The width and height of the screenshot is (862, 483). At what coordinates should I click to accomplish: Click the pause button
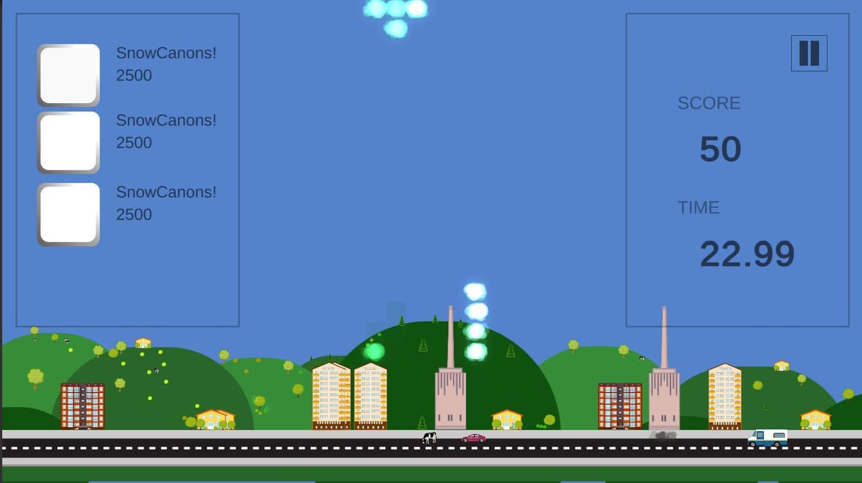(x=809, y=53)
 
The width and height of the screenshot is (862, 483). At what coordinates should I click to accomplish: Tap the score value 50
(x=721, y=149)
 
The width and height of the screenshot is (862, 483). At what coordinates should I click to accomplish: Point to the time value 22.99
(x=747, y=254)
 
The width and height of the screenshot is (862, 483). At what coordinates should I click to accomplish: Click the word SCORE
(x=709, y=103)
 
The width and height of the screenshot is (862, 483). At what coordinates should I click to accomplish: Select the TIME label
(x=698, y=208)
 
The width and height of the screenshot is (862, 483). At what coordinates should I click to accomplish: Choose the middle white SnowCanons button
(x=69, y=142)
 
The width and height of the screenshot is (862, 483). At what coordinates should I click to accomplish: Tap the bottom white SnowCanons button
(x=69, y=214)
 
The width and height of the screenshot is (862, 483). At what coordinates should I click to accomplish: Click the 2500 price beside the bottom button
(x=134, y=214)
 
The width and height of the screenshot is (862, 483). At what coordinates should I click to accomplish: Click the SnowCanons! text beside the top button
(x=166, y=53)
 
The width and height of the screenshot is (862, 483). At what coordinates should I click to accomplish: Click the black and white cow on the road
(x=429, y=438)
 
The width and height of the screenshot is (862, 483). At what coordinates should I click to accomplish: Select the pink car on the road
(x=473, y=438)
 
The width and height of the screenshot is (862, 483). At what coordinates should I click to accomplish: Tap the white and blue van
(x=767, y=438)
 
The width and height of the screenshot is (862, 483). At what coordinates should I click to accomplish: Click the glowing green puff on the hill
(x=374, y=352)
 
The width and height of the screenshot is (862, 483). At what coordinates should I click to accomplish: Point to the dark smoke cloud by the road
(x=663, y=435)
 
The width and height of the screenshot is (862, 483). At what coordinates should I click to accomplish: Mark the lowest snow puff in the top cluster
(x=396, y=28)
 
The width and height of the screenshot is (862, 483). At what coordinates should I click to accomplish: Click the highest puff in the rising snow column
(x=475, y=292)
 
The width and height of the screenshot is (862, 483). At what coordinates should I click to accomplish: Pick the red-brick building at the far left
(x=82, y=406)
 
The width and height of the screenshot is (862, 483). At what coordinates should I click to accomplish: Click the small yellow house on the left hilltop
(x=143, y=343)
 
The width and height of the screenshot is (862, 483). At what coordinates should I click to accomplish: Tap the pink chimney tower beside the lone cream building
(x=664, y=368)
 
